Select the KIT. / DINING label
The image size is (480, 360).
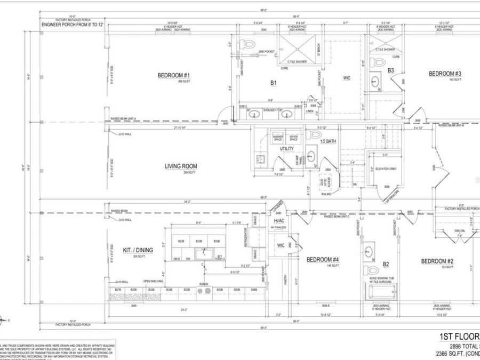pos(135,250)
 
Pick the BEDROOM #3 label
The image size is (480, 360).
pos(445,74)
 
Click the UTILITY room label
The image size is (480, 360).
pos(279,149)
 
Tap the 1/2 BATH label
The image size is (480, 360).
pos(327,141)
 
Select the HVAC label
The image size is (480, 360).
pos(279,220)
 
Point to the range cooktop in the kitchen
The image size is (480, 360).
pos(204,291)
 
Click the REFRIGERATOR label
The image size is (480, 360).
pos(246,237)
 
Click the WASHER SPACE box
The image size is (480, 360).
pos(278,137)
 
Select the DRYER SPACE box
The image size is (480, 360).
pos(293,137)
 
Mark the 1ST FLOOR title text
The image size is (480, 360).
pos(458,336)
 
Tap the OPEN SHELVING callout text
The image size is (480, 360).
pos(154,282)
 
